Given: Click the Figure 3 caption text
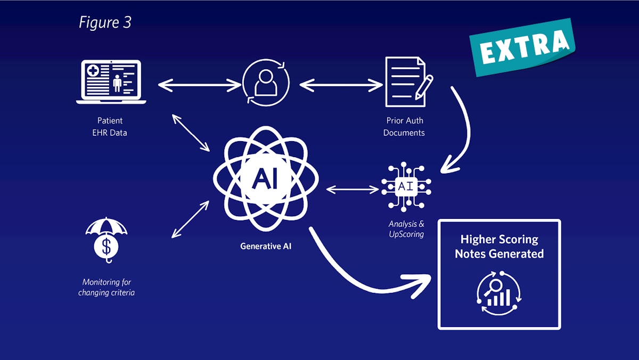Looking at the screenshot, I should click(x=105, y=22).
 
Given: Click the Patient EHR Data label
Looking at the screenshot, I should click(x=110, y=127).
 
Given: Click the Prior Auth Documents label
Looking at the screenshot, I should click(x=404, y=127).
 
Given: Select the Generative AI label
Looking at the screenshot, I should click(x=266, y=247).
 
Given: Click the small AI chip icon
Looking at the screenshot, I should click(x=406, y=187).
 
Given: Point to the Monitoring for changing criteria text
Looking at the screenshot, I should click(x=106, y=287).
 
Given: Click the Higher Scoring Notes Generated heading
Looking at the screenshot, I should click(x=499, y=247).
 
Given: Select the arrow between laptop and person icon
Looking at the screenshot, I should click(x=200, y=84).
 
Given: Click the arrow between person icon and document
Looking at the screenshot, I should click(x=341, y=84).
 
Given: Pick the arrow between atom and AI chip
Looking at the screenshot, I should click(x=351, y=189).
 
